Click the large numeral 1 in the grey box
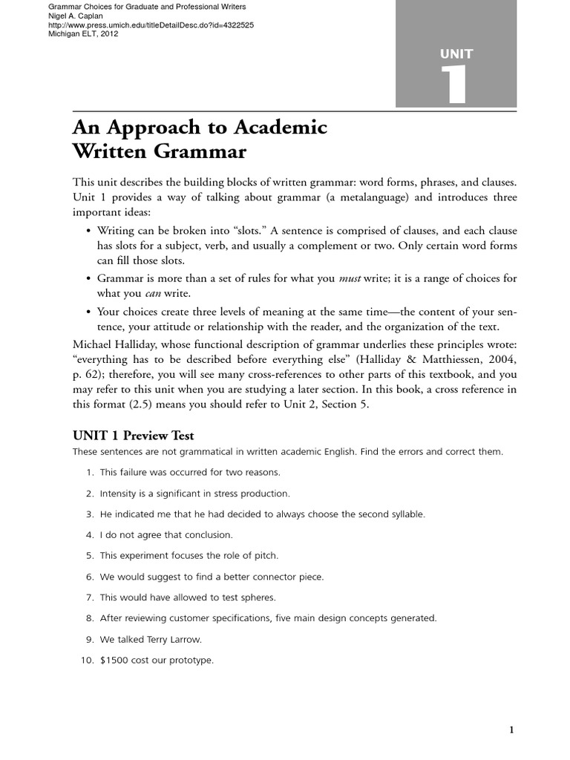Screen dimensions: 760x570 point(455,84)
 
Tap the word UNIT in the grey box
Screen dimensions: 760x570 point(456,53)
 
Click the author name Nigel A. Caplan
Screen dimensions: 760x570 point(69,16)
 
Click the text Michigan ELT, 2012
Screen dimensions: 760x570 point(77,33)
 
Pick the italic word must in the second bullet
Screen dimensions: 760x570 point(350,278)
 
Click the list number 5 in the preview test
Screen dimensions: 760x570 point(89,555)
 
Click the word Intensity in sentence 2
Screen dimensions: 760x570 point(119,493)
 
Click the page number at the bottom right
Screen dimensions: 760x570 point(511,730)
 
